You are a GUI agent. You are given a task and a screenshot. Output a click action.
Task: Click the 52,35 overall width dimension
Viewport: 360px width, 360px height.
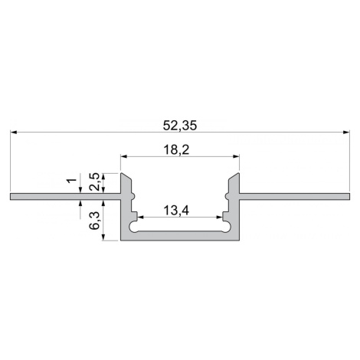(180, 126)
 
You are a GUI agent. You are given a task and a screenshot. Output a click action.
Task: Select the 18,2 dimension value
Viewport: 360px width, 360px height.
(176, 150)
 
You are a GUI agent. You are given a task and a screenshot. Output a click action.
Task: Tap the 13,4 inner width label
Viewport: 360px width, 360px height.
(176, 211)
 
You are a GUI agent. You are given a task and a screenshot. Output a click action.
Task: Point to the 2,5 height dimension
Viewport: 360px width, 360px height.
(94, 182)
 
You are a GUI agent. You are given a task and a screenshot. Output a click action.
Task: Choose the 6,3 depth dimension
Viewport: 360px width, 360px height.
(94, 222)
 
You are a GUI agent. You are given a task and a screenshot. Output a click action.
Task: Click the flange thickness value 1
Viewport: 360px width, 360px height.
(72, 181)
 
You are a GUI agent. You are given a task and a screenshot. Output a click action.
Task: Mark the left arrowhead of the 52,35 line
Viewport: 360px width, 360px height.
(13, 133)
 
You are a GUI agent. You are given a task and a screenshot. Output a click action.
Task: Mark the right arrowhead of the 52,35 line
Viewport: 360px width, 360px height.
(346, 133)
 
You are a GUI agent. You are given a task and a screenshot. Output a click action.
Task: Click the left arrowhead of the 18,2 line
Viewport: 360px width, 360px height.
(124, 156)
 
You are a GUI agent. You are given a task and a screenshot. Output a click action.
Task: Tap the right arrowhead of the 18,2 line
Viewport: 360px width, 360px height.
(236, 156)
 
